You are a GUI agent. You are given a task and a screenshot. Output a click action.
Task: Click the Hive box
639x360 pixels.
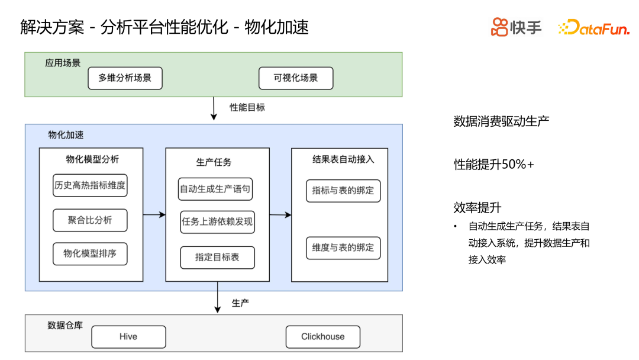(x=128, y=337)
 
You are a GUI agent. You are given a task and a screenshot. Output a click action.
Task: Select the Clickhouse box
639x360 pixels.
(x=322, y=337)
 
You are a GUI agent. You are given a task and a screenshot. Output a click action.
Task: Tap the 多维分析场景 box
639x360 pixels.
(x=125, y=78)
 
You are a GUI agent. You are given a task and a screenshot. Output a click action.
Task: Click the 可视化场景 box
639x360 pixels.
(x=296, y=78)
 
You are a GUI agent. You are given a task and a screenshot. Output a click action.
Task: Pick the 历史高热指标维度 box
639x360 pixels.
(x=90, y=185)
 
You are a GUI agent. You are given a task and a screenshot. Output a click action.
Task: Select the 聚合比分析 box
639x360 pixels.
(x=90, y=220)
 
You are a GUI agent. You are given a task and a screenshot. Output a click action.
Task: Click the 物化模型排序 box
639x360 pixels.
(x=90, y=254)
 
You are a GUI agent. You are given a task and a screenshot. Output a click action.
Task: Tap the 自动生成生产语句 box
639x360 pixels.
(x=215, y=189)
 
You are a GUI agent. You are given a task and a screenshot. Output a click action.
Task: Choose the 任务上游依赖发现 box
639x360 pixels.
(x=217, y=222)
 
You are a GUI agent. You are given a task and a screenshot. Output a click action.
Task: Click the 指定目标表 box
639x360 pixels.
(x=217, y=258)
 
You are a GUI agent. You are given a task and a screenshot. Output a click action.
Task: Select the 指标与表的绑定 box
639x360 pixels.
(x=343, y=191)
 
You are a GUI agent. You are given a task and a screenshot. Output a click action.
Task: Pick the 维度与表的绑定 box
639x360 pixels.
(x=343, y=247)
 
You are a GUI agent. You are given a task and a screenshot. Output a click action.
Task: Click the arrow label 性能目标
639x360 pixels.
(x=247, y=107)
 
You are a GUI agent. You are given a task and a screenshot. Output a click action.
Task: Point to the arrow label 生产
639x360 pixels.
(x=240, y=303)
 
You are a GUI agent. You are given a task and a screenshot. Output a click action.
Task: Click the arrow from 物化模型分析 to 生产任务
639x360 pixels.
(x=154, y=214)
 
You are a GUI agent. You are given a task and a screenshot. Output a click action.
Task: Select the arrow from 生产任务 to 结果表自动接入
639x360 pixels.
(x=280, y=215)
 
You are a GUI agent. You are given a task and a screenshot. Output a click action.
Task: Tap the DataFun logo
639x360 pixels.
(x=593, y=27)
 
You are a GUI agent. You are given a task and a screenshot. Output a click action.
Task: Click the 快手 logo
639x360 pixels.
(x=516, y=27)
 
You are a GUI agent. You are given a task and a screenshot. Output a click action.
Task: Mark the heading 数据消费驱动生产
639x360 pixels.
(x=501, y=121)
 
